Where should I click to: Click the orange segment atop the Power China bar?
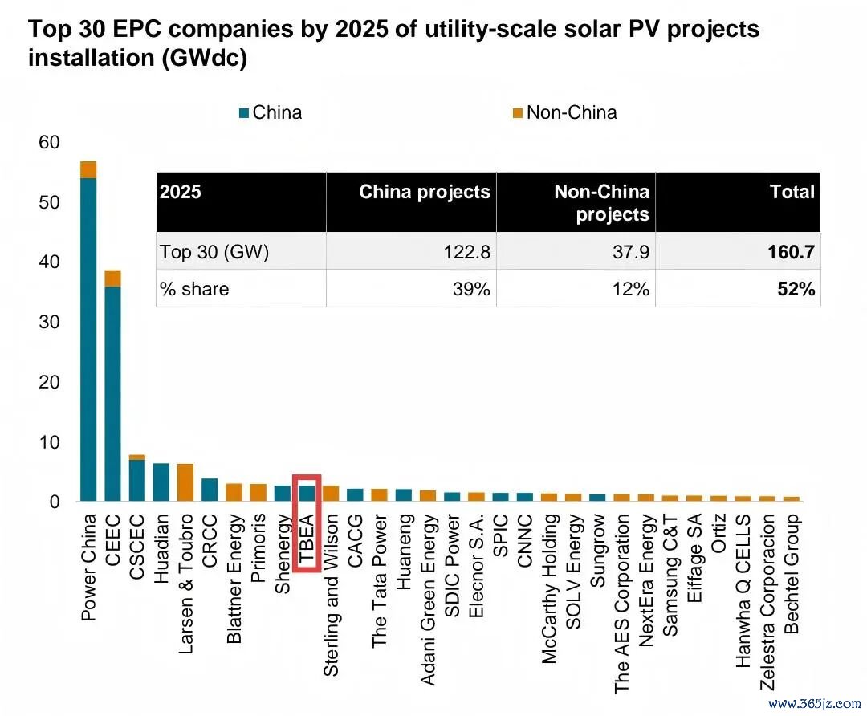tap(88, 169)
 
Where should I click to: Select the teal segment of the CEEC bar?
tap(113, 393)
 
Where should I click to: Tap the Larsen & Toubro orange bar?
tap(185, 482)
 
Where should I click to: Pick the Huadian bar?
tap(161, 482)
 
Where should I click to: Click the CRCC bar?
tap(210, 490)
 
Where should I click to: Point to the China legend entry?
tap(271, 113)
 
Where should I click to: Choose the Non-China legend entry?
tap(564, 113)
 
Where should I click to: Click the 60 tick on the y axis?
tap(49, 143)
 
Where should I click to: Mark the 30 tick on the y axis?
tap(49, 323)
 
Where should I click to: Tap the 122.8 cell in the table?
tap(466, 252)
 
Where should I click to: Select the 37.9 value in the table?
tap(631, 252)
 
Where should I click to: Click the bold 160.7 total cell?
tap(791, 252)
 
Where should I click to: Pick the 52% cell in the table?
tap(796, 289)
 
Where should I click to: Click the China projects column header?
tap(425, 192)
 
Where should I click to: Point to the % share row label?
tap(194, 289)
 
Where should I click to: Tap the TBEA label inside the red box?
tap(307, 539)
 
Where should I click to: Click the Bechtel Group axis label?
tap(792, 574)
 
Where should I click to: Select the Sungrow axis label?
tap(598, 550)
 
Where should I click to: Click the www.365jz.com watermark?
tap(815, 704)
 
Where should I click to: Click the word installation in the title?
tap(92, 58)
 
